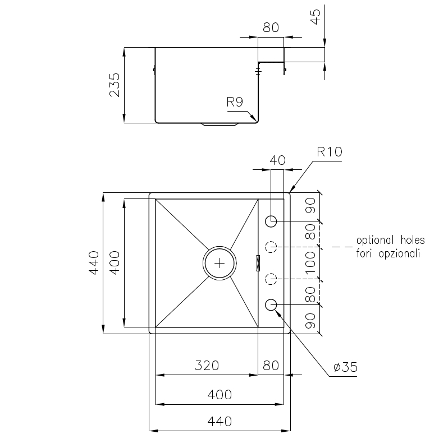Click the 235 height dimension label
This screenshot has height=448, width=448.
coord(115,85)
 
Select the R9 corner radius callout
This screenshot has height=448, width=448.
coord(234,102)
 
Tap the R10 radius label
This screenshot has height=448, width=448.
coord(329,151)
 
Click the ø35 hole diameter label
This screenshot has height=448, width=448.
coord(345,367)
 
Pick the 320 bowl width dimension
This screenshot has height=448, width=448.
coord(206,366)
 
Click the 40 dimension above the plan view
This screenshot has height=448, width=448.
coord(277,160)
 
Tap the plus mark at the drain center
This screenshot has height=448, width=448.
coord(220,262)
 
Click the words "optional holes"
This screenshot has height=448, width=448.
coord(390,241)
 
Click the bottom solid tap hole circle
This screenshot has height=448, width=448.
coord(271,304)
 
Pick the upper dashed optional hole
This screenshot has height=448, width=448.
coord(271,246)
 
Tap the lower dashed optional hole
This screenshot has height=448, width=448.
coord(271,278)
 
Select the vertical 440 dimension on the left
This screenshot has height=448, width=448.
coord(94,263)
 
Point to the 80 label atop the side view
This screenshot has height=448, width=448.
coord(271,28)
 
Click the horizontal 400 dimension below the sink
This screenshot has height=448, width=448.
coord(220,394)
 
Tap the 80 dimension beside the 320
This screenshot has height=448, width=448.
coord(271,366)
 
